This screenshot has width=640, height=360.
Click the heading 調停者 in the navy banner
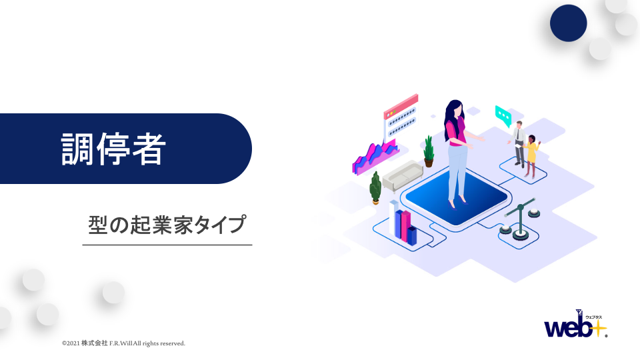point(113,149)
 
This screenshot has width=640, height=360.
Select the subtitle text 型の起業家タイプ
point(167,225)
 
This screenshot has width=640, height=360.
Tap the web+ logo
point(576,324)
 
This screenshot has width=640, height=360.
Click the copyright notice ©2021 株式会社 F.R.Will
point(123,343)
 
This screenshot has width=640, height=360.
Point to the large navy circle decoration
point(568,23)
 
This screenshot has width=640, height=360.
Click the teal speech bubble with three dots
point(503,116)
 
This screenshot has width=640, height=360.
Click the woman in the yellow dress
point(531,156)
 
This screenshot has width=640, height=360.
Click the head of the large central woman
point(454,109)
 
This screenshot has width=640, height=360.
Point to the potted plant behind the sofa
point(429,151)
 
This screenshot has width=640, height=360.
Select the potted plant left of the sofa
point(375,188)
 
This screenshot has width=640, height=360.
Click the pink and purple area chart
point(375,157)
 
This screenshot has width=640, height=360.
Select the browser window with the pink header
point(401,117)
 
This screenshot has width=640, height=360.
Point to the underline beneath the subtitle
point(167,245)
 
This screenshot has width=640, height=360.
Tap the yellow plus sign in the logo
point(599,327)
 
